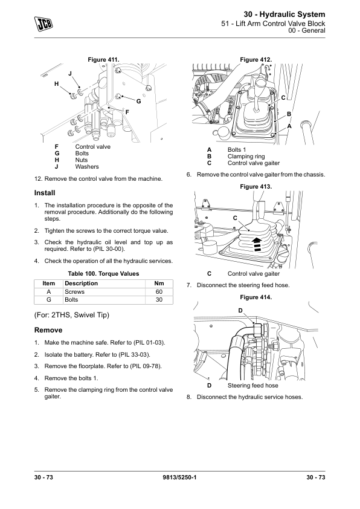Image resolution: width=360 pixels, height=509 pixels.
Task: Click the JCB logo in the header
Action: pos(43,24)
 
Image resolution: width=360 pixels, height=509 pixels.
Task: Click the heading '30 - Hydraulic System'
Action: pos(284,15)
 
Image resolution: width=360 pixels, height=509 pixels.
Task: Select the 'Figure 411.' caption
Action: pos(103,60)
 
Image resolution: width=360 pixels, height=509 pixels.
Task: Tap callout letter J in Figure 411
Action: pos(70,74)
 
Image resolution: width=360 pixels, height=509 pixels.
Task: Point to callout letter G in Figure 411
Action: pos(138,102)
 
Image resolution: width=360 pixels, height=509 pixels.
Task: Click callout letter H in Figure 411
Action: pos(56,84)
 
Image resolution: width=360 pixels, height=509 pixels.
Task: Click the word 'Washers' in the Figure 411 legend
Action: pos(87,167)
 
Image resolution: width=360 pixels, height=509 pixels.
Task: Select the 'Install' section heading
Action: pos(45,193)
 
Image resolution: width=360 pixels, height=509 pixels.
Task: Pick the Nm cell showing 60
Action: pos(159,292)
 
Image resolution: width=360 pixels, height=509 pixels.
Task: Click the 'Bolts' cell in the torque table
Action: pos(71,300)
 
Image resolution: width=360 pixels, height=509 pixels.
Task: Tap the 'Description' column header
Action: pos(81,284)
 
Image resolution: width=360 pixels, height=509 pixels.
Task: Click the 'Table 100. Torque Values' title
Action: pos(103,274)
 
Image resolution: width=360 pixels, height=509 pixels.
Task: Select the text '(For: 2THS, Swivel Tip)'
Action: pos(72,315)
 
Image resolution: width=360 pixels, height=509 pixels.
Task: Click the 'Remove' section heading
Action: pos(48,330)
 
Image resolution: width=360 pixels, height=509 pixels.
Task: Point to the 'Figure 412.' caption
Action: pos(256,60)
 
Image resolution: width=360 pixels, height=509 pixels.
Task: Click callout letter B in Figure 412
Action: pos(289,114)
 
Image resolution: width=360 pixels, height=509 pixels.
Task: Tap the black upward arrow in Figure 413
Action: pos(257,244)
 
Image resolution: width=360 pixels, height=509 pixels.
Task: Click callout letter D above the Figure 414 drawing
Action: pos(240,311)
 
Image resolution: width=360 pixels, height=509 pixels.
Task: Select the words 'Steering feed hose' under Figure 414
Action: pos(252,386)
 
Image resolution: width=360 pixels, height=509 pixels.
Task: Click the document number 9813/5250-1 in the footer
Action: pos(179,477)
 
